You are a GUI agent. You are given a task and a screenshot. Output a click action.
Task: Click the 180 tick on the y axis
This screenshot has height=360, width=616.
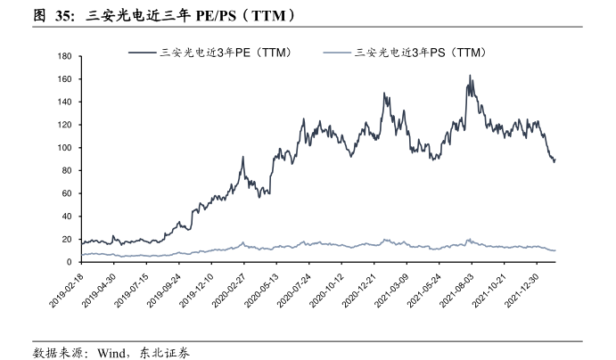point(63,56)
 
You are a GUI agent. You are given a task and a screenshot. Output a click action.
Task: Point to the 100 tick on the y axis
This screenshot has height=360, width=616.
point(63,148)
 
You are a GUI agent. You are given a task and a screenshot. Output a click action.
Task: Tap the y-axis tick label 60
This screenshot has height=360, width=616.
point(66,193)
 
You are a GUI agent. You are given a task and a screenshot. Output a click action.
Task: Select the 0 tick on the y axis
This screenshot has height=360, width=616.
point(69,262)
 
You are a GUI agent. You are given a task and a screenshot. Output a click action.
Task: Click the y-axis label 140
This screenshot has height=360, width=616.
point(63,102)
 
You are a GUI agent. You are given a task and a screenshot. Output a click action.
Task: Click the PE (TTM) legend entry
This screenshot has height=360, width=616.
point(213,53)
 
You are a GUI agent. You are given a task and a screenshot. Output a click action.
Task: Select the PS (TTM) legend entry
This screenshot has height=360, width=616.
point(411,53)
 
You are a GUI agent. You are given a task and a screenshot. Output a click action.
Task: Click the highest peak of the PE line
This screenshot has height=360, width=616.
point(470,76)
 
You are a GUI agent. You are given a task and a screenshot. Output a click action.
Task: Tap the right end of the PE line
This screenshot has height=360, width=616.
point(555,160)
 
